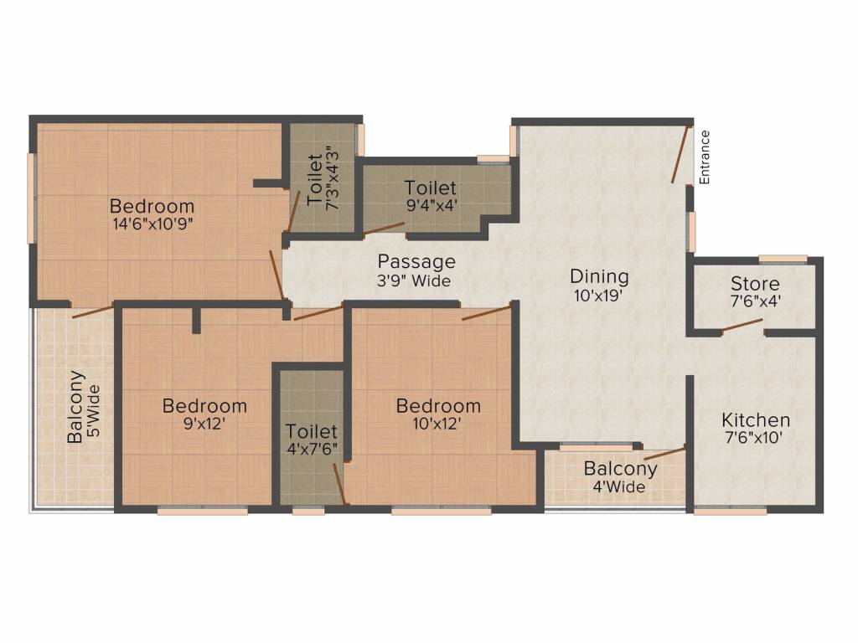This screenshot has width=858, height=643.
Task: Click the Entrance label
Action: [705, 157]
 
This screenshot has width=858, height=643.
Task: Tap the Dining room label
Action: [599, 285]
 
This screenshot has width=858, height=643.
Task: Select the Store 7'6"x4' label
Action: [755, 292]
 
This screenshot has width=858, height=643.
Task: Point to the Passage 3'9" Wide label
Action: [416, 270]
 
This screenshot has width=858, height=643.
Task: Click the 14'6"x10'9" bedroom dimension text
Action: [152, 224]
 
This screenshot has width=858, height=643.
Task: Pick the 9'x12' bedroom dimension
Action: [204, 424]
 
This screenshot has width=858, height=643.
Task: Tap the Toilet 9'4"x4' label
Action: [430, 195]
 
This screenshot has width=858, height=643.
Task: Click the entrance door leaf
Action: [681, 154]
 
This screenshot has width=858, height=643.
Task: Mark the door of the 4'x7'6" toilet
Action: [339, 483]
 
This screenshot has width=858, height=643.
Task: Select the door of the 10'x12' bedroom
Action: [486, 313]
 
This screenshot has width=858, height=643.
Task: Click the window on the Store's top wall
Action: [783, 259]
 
